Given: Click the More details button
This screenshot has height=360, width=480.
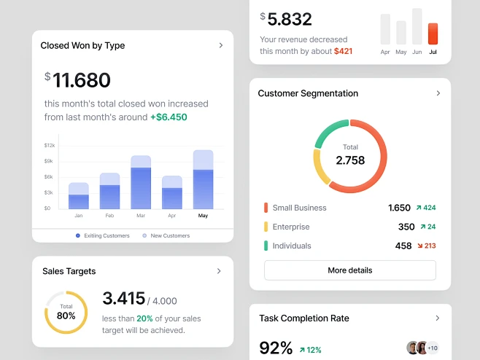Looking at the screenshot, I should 349,270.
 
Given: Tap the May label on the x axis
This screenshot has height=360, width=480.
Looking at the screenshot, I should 203,216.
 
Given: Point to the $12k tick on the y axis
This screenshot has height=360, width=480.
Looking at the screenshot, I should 48,146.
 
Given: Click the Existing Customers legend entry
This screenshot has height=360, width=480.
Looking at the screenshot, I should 102,235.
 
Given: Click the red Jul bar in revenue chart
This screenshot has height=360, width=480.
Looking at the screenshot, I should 433,34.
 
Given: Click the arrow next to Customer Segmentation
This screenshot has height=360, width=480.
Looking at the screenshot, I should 438,93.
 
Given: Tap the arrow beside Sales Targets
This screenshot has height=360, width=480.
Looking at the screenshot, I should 219,271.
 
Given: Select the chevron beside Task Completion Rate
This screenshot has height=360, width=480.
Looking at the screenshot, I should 438,318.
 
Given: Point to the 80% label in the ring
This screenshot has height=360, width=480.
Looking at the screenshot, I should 66,316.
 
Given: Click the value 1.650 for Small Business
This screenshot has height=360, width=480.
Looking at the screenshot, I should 399,208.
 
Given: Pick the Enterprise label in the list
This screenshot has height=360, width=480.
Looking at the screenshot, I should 290,227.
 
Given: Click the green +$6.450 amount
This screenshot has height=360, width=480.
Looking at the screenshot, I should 169,117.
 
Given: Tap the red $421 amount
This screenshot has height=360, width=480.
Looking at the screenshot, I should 343,51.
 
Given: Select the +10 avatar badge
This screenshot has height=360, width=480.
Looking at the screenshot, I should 433,348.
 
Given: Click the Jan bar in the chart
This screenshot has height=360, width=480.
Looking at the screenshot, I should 79,197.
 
